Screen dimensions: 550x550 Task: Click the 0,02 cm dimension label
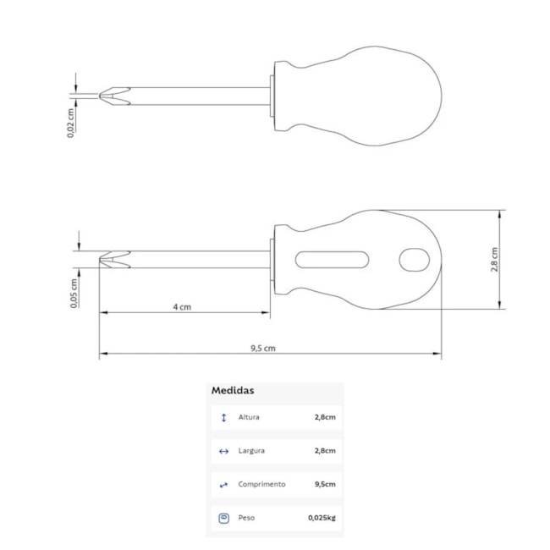coord(71,123)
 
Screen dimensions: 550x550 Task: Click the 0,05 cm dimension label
coord(74,294)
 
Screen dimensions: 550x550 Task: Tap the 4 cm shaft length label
coord(182,307)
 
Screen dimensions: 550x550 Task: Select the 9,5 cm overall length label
coord(263,349)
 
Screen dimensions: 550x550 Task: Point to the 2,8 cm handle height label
coord(494,260)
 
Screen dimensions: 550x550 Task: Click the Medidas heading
coord(233,390)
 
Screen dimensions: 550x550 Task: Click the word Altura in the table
coord(249,417)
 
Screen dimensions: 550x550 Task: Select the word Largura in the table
coord(251,451)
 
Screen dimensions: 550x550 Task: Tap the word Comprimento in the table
coord(261,484)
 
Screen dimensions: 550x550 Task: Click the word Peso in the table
coord(246,518)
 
